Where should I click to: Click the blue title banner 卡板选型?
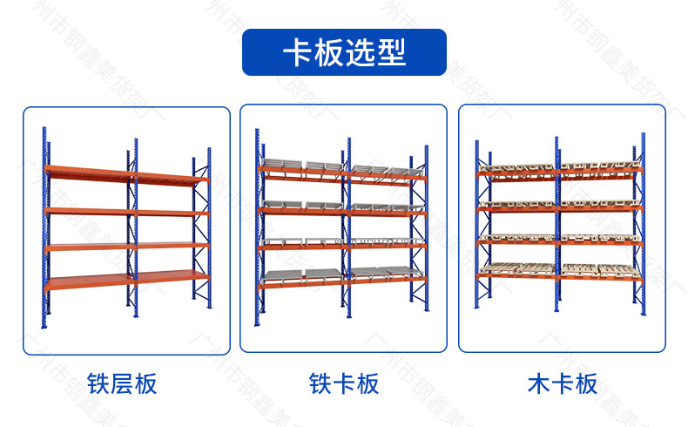[x=343, y=52]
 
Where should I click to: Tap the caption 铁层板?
[x=123, y=383]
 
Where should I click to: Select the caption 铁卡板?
[x=344, y=383]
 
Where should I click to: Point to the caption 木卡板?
[x=563, y=383]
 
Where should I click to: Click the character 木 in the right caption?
[x=539, y=383]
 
